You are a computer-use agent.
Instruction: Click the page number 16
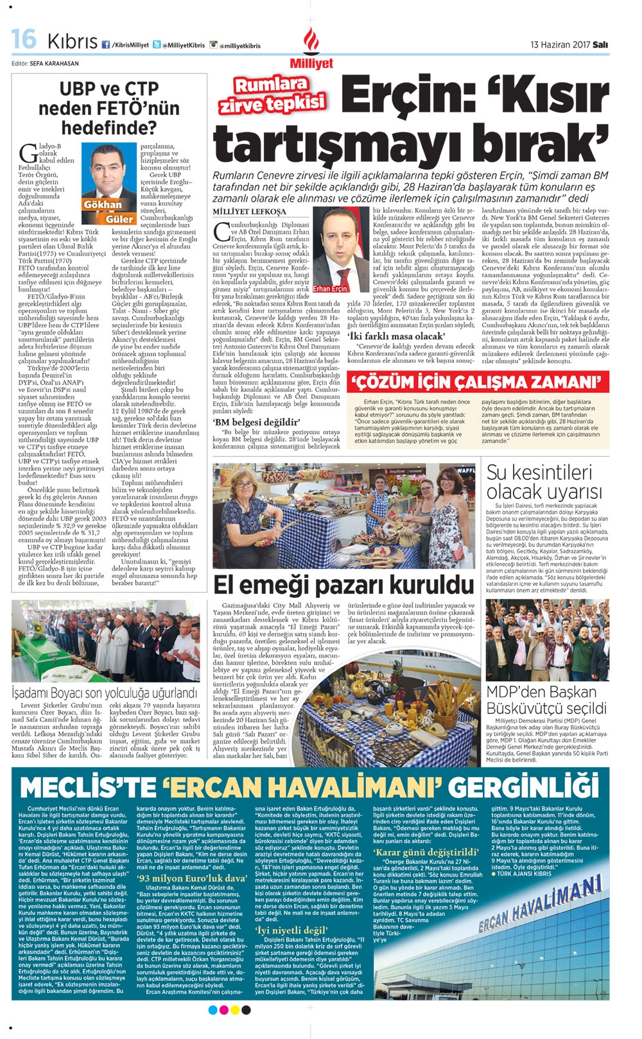[x=24, y=39]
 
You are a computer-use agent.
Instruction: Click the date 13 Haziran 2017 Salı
[x=569, y=45]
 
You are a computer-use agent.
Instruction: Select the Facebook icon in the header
[x=105, y=45]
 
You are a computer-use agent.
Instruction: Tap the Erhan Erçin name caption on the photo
[x=331, y=289]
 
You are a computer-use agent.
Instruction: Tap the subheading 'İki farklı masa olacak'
[x=395, y=336]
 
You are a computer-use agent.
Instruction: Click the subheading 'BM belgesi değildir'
[x=256, y=422]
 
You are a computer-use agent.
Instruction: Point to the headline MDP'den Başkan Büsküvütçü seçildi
[x=546, y=700]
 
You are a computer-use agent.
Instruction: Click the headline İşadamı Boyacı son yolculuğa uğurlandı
[x=105, y=692]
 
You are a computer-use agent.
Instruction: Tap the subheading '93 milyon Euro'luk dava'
[x=192, y=878]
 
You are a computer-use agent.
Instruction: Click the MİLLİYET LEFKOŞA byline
[x=250, y=211]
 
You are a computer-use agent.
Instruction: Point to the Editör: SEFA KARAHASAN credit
[x=45, y=64]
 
